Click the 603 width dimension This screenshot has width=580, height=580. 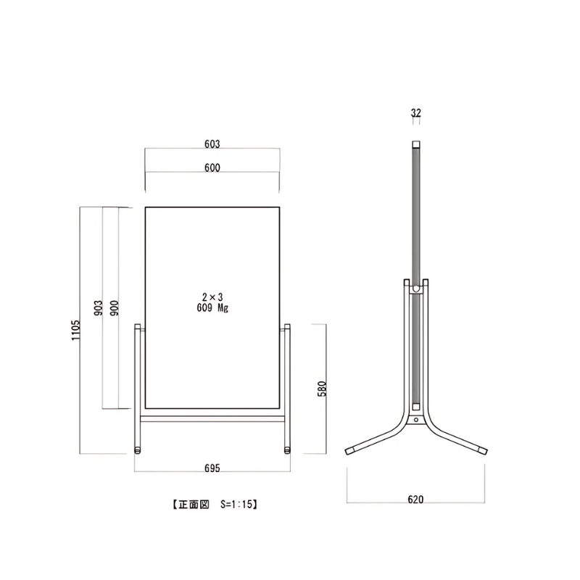pos(212,144)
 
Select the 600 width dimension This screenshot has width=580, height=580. pos(212,167)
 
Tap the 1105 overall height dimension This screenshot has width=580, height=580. pos(75,331)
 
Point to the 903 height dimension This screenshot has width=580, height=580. pos(98,307)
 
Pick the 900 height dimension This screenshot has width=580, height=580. pos(115,307)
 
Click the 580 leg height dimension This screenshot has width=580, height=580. pos(322,389)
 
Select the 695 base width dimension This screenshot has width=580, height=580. pos(212,468)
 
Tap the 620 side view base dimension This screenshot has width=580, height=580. pos(415,500)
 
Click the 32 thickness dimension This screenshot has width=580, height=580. pos(416,112)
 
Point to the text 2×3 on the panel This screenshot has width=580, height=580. pos(212,297)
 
